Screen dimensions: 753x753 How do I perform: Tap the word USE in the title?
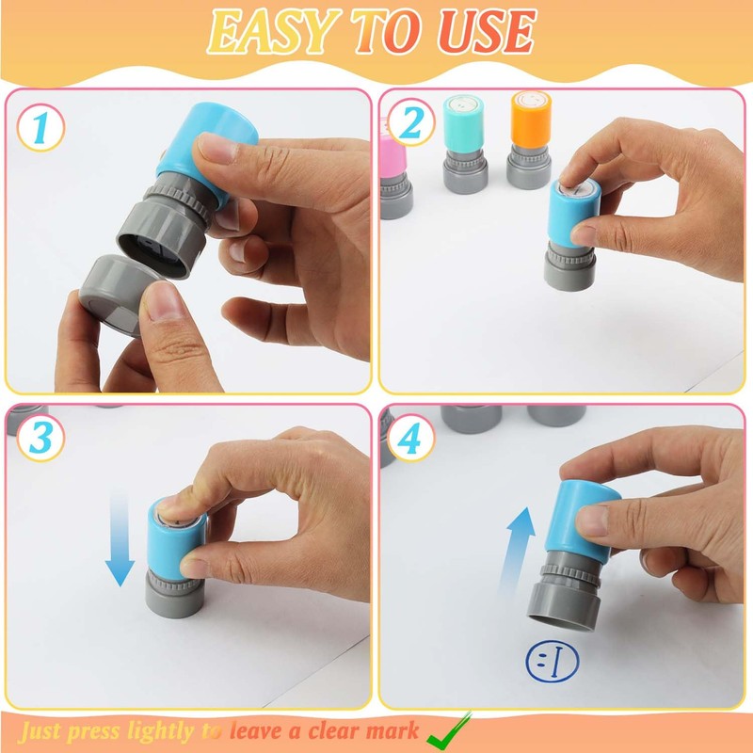[487, 31]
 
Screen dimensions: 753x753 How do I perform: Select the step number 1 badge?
[40, 128]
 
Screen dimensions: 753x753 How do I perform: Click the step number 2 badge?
[411, 122]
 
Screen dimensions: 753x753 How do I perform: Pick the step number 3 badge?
[40, 438]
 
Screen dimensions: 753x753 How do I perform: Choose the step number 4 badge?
[410, 438]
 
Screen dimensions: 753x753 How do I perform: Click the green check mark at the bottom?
[449, 731]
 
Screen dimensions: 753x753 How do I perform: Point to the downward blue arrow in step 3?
[120, 542]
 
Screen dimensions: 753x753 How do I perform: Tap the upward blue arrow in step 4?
[516, 553]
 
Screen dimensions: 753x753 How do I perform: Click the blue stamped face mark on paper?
[553, 662]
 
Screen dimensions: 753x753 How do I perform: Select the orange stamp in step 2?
[530, 139]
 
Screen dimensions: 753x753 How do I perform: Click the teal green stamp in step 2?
[464, 144]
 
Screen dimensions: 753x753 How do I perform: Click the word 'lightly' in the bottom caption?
[161, 732]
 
